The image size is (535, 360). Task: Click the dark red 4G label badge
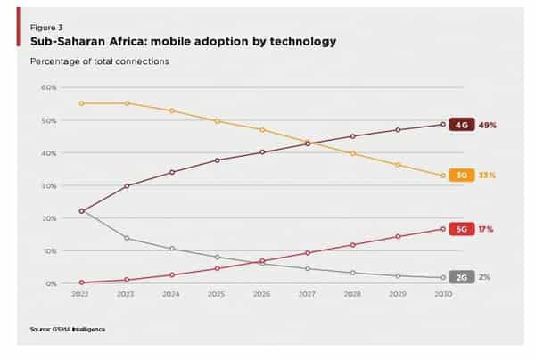[x=461, y=124]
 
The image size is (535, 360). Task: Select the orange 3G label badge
[x=461, y=176]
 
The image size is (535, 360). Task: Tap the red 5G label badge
[x=461, y=229]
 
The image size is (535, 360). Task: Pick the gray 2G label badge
[x=461, y=277]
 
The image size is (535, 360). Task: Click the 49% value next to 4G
[x=487, y=124]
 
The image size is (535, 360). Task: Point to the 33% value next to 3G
[x=487, y=176]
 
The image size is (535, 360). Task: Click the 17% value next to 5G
[x=486, y=229]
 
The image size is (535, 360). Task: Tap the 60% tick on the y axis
[x=49, y=87]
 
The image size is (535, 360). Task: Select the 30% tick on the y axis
[x=49, y=185]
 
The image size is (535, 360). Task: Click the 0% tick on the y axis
[x=51, y=283]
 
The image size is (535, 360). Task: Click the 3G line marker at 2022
[x=82, y=103]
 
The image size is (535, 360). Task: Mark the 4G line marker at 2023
[x=127, y=185]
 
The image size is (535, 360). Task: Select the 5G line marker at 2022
[x=82, y=282]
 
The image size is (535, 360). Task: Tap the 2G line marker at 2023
[x=127, y=238]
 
